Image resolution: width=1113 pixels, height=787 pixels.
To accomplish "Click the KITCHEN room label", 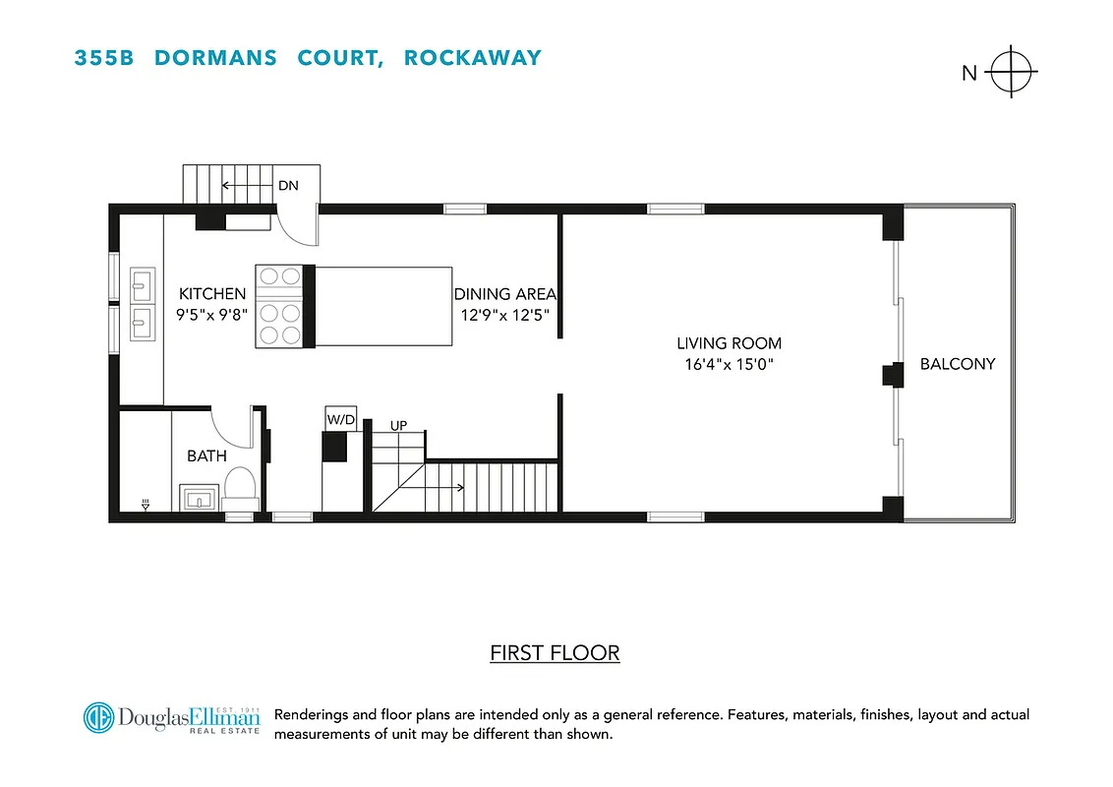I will pos(211,294).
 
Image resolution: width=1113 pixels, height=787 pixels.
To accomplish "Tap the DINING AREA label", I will pos(504,294).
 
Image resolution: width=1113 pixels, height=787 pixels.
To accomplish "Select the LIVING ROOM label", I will pos(729,343).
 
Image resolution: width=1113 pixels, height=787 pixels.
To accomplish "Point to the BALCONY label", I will pos(958,364).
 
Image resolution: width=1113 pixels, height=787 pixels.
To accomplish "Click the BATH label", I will pos(206,455).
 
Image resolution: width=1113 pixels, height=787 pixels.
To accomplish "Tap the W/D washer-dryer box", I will pos(340,420).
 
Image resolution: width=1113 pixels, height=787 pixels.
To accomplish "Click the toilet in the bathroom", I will pos(241,486).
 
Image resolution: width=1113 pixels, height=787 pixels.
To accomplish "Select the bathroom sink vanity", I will pos(199,498).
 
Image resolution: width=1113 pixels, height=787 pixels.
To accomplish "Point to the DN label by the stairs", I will pos(288,185).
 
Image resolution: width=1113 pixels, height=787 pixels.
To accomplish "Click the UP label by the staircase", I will pos(399,426).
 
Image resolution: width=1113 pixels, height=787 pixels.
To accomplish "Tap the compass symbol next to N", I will pos(1012,72).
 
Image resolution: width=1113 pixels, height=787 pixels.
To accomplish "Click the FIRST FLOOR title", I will pos(555,653).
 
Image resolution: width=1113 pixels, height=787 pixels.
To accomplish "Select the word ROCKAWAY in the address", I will pos(472,57).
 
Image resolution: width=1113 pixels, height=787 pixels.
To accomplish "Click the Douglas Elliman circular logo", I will pos(98,717).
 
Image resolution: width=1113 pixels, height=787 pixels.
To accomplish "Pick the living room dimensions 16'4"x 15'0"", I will pos(729,364).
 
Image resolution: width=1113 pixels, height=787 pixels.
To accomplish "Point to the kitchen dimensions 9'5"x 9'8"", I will pos(211,314).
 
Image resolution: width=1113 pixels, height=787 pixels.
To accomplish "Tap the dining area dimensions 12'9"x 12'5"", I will pos(504,314).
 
